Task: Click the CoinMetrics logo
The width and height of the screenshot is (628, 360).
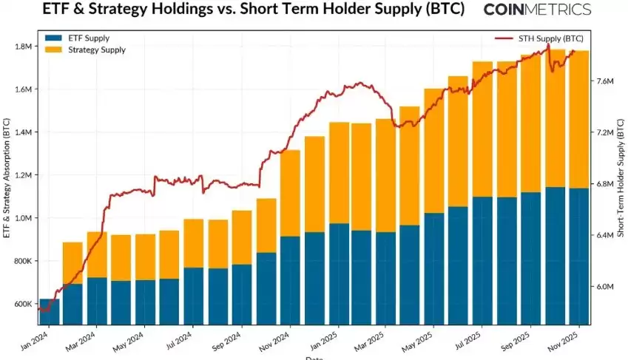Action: pos(537,10)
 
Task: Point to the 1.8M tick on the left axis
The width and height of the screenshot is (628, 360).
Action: pos(23,47)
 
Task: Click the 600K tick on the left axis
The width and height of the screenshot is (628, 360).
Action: pos(22,305)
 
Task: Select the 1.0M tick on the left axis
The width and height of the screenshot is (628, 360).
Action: pos(23,219)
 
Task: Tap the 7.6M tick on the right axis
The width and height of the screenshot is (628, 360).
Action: pos(605,81)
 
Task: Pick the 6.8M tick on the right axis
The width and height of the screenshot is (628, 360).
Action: pos(605,184)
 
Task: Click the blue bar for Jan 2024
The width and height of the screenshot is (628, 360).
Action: pos(49,312)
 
